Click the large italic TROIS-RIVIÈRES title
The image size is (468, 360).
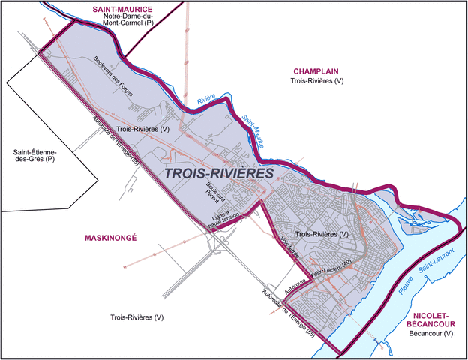pyautogui.click(x=217, y=173)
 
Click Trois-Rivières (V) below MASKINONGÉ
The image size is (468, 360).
pyautogui.click(x=136, y=317)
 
